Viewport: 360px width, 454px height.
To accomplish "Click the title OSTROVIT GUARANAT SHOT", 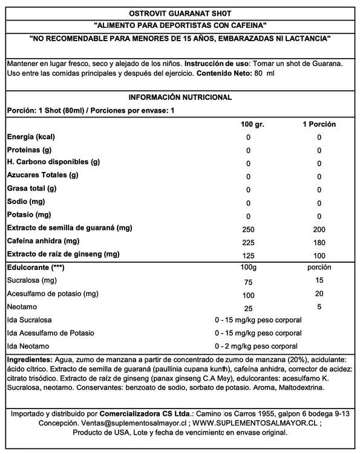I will click(180, 13).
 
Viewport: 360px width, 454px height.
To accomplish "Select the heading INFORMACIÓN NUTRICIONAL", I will click(180, 97).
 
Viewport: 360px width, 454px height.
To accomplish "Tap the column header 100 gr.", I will click(248, 124).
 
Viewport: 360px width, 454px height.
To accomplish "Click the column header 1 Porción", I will click(319, 124).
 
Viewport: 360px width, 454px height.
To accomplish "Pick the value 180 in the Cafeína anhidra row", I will click(319, 242).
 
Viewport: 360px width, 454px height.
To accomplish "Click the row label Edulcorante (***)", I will click(35, 268).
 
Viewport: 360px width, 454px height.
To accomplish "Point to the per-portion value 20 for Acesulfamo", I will click(319, 294).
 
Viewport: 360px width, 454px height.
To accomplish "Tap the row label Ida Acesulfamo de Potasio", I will click(50, 333).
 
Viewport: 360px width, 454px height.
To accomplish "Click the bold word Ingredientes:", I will click(28, 359).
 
